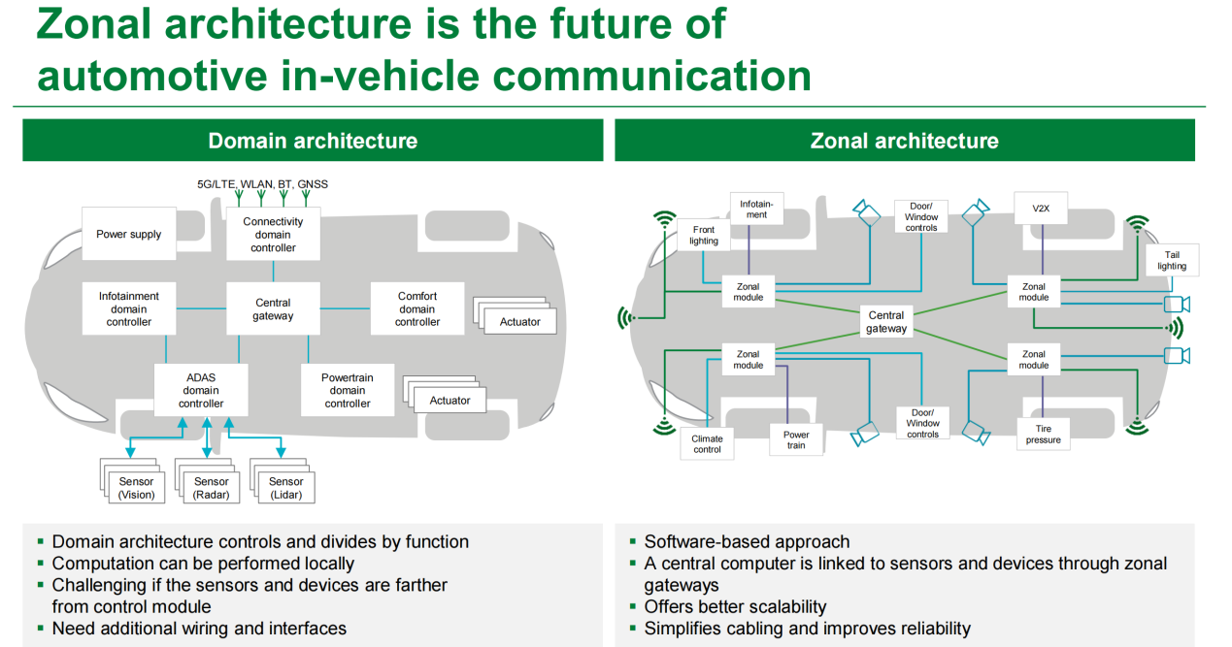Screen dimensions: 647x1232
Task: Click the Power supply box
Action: pos(129,234)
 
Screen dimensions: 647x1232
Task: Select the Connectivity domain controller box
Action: pos(273,235)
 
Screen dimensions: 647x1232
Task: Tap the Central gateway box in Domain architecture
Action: pos(273,309)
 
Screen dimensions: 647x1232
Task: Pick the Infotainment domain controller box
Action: pos(129,309)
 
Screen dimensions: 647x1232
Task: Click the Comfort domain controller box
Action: pos(417,309)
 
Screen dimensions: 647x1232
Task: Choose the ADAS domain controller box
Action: pos(201,390)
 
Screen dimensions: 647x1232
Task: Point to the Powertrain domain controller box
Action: pos(348,390)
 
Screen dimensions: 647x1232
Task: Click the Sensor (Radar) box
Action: pos(212,488)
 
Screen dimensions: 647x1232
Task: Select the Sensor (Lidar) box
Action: pos(286,488)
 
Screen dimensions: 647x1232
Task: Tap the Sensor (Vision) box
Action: pos(137,488)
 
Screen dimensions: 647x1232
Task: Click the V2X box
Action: pos(1041,209)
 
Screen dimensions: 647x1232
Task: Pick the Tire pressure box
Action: pos(1044,434)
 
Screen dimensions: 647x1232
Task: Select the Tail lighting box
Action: pos(1172,260)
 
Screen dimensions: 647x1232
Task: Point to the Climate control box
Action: pos(708,444)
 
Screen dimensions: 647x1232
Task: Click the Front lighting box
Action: pos(703,235)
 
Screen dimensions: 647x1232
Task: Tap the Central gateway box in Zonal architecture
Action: pos(886,322)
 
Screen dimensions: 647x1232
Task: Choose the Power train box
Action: pos(796,439)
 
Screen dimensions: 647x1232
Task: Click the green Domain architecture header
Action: pos(313,141)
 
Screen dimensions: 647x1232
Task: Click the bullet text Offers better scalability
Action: pos(735,607)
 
